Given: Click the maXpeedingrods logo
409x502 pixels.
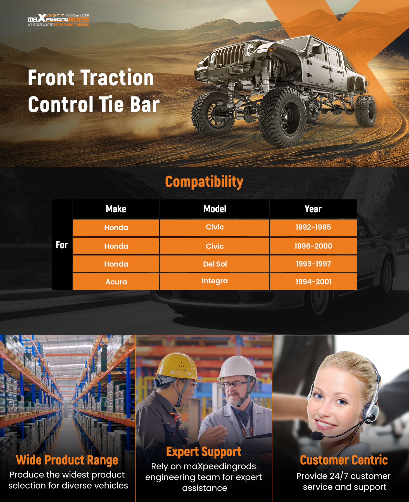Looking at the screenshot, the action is [x=58, y=20].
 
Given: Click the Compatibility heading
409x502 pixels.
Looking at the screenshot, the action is [x=204, y=182].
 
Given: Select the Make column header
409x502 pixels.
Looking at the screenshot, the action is [x=116, y=209].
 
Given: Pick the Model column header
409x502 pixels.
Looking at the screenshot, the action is [x=215, y=209].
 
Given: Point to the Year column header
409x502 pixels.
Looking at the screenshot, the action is [x=313, y=209].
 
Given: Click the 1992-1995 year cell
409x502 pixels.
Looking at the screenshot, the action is [x=313, y=228].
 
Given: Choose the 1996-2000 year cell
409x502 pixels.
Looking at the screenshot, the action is [x=313, y=246].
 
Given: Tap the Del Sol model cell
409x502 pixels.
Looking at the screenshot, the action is [x=215, y=264].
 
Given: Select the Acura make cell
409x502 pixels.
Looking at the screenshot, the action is [x=116, y=282].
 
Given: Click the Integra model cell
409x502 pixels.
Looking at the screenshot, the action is [x=215, y=282].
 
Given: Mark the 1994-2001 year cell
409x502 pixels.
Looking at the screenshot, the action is [x=313, y=282].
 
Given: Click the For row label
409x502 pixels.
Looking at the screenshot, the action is [x=62, y=245].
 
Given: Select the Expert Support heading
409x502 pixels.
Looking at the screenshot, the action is [x=204, y=452].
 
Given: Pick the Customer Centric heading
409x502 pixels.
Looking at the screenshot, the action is [x=344, y=460].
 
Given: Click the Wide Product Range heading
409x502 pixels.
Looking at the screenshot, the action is [x=67, y=460].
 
